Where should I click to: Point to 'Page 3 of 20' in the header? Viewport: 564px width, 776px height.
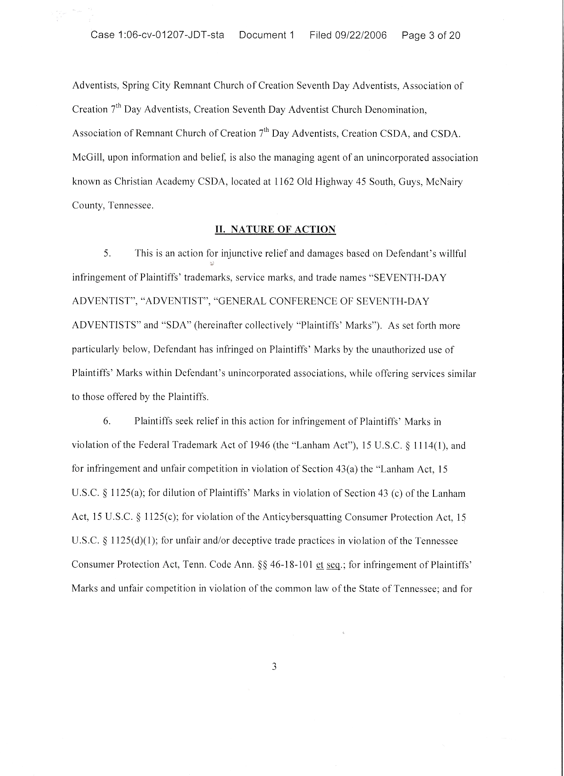(x=431, y=35)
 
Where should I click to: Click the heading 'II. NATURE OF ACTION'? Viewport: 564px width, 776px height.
(x=275, y=229)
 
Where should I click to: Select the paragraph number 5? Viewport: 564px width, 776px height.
(x=106, y=254)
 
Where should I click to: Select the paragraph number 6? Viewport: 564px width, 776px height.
(x=106, y=421)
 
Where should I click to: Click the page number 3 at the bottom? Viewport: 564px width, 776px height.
(x=274, y=666)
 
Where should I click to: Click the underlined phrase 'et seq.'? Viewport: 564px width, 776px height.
(x=328, y=565)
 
